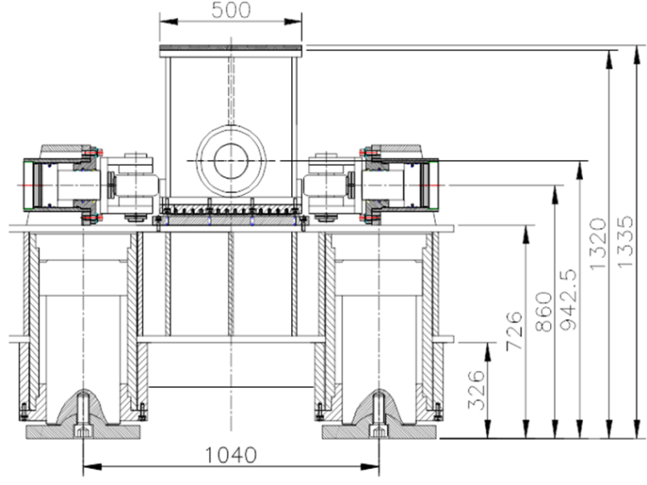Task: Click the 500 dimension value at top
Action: pos(231,10)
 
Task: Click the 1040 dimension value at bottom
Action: pos(231,455)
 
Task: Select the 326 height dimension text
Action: pos(477,391)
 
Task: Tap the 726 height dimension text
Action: pos(514,331)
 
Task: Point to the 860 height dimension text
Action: pos(543,311)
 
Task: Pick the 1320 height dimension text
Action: pos(598,244)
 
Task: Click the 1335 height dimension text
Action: pos(625,242)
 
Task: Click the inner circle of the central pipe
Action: pos(231,161)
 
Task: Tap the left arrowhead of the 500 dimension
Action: pos(169,21)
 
